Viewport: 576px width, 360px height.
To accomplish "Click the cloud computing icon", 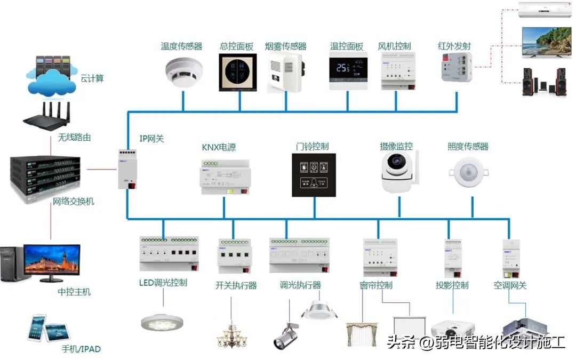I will pos(50,77).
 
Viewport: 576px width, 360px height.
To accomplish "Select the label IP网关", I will pos(151,139).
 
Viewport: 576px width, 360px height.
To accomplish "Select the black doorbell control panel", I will pos(314,175).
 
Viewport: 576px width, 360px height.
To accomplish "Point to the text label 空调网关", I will pos(510,285).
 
